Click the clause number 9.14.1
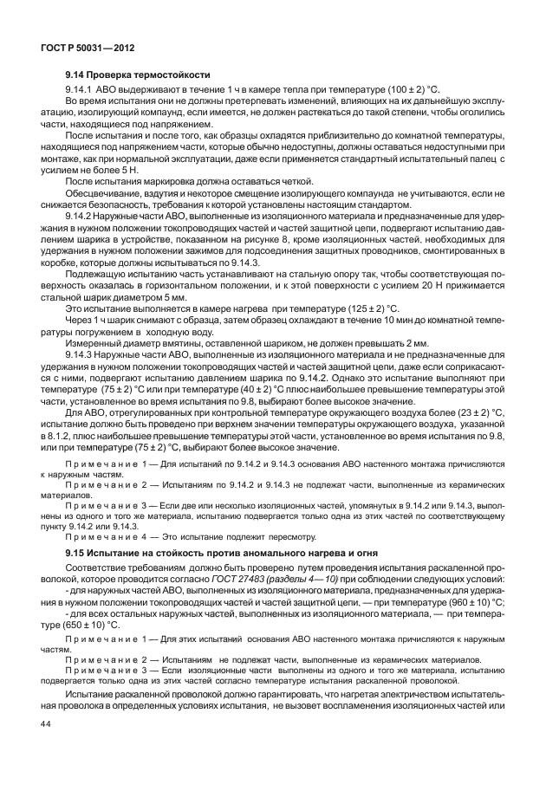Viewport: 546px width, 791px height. tap(80, 90)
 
